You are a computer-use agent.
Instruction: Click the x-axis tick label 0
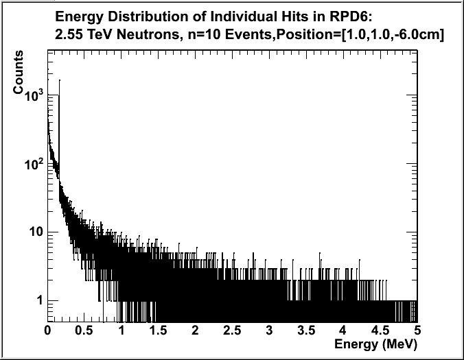48,331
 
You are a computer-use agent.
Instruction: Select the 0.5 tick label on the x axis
84,331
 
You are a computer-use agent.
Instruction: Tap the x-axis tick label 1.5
158,331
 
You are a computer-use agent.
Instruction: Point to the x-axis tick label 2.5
232,331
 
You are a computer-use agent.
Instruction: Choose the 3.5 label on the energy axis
306,331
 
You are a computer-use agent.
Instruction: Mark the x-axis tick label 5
417,331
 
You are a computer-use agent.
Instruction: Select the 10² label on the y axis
34,165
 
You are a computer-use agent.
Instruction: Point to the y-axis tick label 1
40,300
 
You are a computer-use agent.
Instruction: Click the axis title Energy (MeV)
375,343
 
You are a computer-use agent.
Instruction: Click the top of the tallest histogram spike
60,80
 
